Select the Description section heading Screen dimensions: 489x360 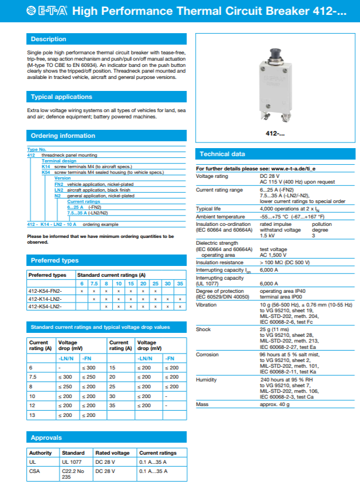click(48, 39)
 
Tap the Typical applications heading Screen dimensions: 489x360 click(61, 97)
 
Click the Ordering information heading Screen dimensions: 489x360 click(62, 136)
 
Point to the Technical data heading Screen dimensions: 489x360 click(222, 154)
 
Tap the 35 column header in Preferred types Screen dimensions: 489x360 click(180, 284)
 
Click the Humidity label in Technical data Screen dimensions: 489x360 click(207, 379)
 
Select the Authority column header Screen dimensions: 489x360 click(41, 452)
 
